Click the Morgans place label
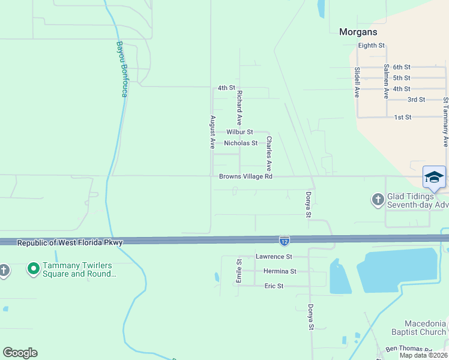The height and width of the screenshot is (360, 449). coord(358,32)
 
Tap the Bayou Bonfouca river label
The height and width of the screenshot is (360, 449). coord(121,69)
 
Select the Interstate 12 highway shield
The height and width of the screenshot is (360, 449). coord(285,241)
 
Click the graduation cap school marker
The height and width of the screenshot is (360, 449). coord(434,177)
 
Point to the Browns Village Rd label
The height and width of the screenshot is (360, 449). coord(246,176)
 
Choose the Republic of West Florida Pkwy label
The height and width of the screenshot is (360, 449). coord(70,243)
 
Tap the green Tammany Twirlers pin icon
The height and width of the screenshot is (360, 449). coord(33,268)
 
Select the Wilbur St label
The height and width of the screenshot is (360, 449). coord(240,132)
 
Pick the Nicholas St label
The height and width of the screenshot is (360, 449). coord(241,143)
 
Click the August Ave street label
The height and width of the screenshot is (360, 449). coord(212,132)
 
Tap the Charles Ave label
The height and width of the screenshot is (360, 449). coord(270,153)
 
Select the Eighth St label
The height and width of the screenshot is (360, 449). coord(371,46)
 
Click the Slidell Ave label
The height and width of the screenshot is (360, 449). coord(357,82)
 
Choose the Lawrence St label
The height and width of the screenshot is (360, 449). coord(274,256)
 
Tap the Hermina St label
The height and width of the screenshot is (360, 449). coord(280,271)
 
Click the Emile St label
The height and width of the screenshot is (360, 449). coord(238,271)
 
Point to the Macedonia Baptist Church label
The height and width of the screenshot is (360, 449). coord(425,328)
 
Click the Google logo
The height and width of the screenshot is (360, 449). coord(20,353)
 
